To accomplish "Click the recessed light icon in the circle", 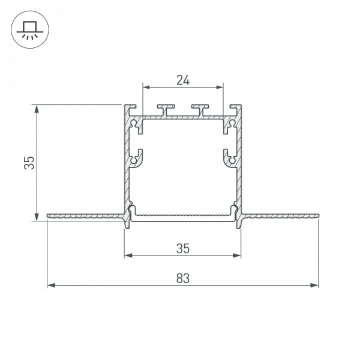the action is click(x=30, y=29).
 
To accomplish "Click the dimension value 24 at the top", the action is click(x=183, y=80).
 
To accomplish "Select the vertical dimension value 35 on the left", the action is click(x=29, y=163).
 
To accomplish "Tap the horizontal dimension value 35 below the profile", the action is click(x=183, y=248).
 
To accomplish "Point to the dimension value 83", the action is click(x=183, y=278).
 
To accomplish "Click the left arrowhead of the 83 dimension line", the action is click(x=51, y=286).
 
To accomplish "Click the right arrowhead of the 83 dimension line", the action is click(x=314, y=286).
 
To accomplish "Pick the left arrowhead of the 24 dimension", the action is click(x=146, y=87).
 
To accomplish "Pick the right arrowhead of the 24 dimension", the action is click(x=219, y=87).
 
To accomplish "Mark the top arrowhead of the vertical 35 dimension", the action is click(x=36, y=109).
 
